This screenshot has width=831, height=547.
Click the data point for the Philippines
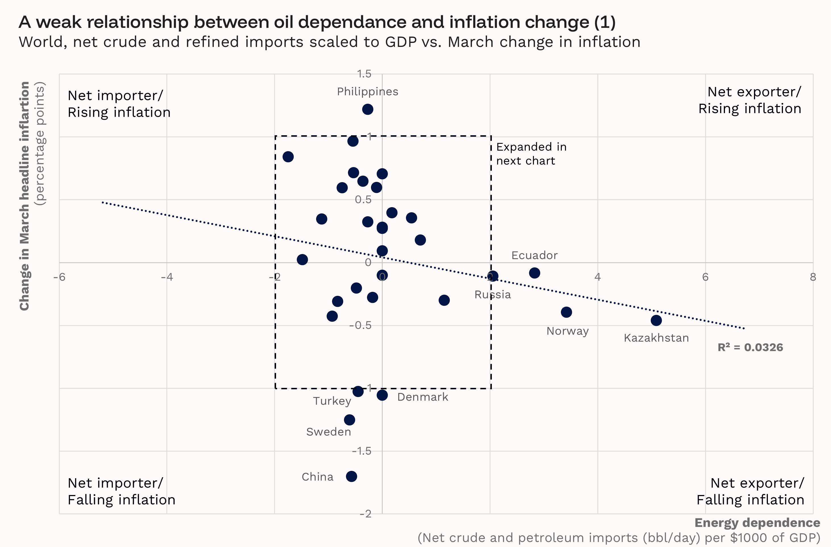click(x=367, y=109)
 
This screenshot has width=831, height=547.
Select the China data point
click(x=351, y=476)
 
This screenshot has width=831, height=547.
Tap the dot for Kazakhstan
click(x=656, y=320)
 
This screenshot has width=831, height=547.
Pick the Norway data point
click(x=566, y=312)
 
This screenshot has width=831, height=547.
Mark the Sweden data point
click(x=349, y=420)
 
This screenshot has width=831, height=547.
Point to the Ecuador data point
click(x=534, y=273)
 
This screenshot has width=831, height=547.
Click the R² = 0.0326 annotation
click(x=750, y=347)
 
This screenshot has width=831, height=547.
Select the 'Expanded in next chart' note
click(x=531, y=154)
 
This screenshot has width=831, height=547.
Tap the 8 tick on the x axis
click(x=813, y=277)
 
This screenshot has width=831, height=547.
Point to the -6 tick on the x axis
click(x=59, y=277)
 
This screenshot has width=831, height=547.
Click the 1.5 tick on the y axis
click(x=364, y=74)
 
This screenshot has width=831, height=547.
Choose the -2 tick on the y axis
click(x=365, y=513)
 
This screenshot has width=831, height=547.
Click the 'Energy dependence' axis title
click(x=757, y=523)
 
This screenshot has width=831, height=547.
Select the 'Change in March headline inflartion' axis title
click(x=24, y=196)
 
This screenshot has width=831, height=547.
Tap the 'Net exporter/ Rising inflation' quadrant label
click(x=750, y=100)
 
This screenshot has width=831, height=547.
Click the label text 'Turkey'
click(x=332, y=401)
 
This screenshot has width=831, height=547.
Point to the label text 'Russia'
click(x=492, y=295)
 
